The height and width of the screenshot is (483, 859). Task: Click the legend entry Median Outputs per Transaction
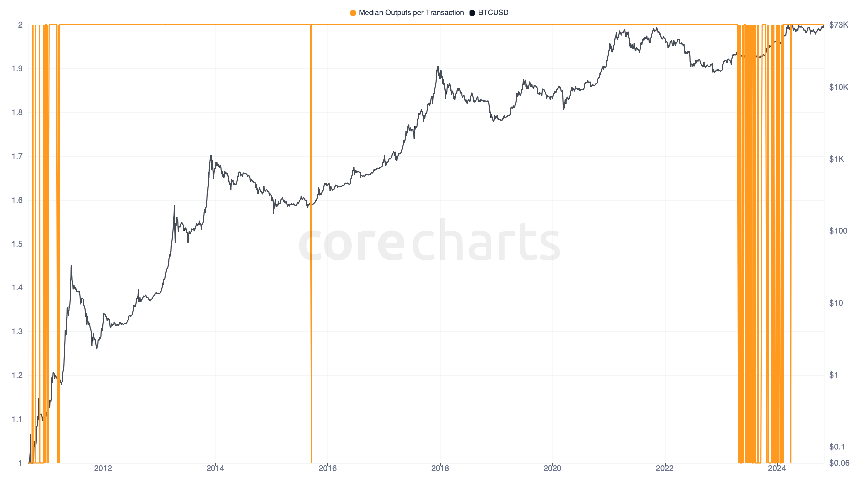coord(411,13)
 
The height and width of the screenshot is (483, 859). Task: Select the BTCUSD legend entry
coord(493,13)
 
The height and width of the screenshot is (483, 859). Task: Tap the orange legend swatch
coord(353,13)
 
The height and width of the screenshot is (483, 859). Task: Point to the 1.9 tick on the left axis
coord(17,69)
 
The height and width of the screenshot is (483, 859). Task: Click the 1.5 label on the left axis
coord(17,244)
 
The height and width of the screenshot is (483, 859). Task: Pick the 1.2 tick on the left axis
coord(17,375)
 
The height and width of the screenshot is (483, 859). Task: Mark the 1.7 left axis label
coord(17,156)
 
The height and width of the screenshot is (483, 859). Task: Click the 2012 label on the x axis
coord(103,468)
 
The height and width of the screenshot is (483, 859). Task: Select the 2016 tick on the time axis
coord(327,468)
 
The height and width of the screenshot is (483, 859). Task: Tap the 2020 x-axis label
coord(552,468)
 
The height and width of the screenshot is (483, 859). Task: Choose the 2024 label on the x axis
coord(777,468)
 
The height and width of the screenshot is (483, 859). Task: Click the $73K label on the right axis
coord(839,25)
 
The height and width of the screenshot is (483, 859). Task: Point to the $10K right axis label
coord(839,87)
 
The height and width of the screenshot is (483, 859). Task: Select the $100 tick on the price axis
coord(838,231)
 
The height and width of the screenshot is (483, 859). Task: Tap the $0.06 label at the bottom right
coord(839,463)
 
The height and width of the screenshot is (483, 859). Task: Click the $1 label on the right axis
coord(833,375)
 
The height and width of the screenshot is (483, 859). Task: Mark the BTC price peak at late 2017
coord(438,67)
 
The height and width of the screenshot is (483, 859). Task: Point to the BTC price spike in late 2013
coord(211,156)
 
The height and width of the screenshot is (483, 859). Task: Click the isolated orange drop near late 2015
coord(311,268)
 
